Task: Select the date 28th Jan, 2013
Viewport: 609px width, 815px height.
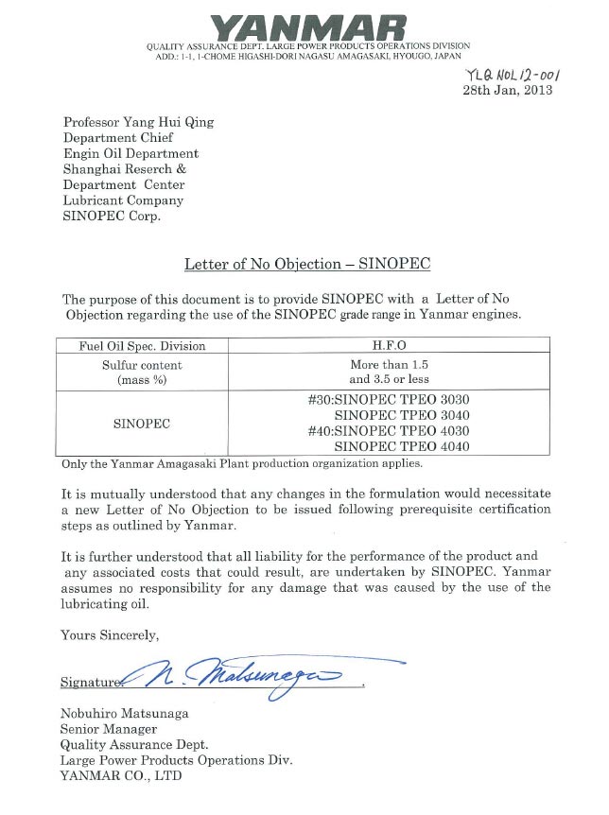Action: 506,91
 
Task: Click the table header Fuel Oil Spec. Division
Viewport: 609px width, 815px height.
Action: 142,346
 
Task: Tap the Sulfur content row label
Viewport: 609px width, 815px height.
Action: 142,365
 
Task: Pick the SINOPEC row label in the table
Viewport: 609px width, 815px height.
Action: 142,424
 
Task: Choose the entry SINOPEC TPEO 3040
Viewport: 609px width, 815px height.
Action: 403,415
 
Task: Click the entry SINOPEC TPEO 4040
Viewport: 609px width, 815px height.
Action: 403,446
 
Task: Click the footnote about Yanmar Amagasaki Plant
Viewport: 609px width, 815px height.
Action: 242,464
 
